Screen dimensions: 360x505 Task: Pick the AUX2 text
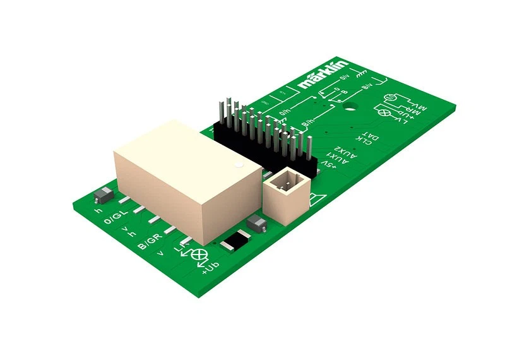click(349, 152)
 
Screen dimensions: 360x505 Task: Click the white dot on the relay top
click(238, 166)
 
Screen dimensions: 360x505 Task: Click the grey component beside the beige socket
click(256, 222)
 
